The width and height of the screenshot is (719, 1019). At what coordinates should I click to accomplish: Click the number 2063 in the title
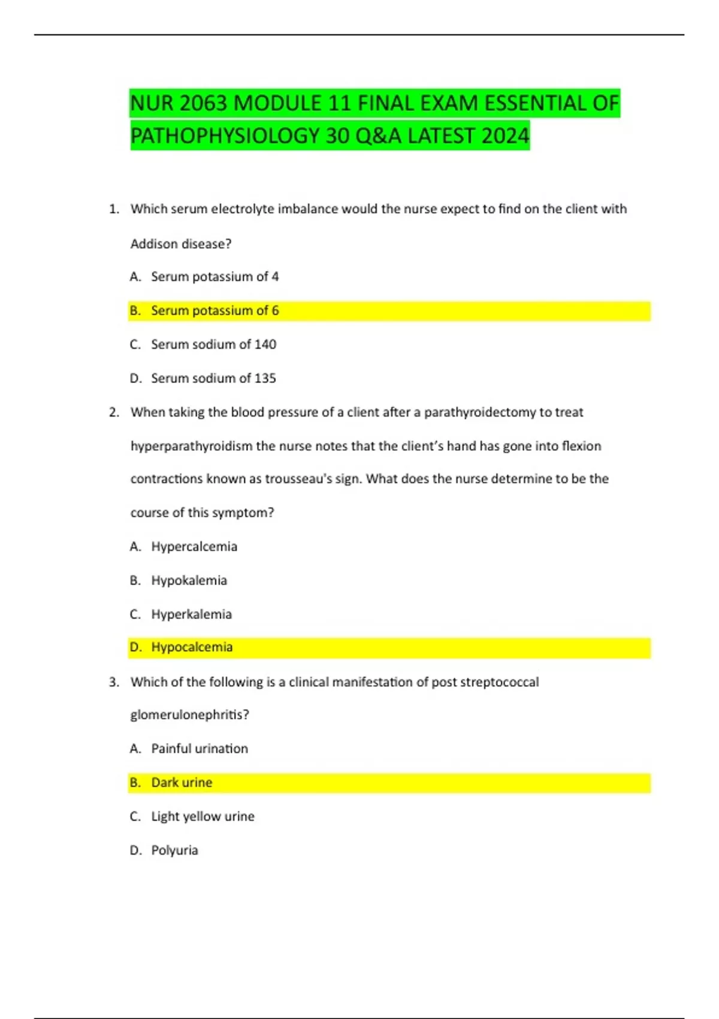point(203,104)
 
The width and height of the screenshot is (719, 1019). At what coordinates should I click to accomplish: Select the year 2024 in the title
point(504,136)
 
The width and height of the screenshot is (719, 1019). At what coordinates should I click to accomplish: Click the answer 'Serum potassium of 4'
point(215,277)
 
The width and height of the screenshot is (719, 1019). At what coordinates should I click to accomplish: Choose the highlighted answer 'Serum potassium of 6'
point(215,310)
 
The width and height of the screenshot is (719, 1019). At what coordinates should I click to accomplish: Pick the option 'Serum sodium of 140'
point(213,345)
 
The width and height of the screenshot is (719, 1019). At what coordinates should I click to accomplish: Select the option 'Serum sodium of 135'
point(213,378)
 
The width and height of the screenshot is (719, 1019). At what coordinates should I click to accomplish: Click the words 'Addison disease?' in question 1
point(181,244)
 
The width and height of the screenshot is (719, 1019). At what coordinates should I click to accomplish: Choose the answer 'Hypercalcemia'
point(194,547)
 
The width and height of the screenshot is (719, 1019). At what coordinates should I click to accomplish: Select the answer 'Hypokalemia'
point(189,580)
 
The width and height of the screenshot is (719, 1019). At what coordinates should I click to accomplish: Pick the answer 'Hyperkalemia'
point(191,614)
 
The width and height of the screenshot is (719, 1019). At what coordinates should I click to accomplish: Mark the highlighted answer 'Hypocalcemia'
point(192,647)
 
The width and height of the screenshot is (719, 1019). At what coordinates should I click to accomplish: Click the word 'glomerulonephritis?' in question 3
point(189,715)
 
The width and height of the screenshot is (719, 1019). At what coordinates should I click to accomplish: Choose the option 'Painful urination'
point(200,749)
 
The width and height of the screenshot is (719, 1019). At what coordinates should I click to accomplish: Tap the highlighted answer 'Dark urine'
point(182,783)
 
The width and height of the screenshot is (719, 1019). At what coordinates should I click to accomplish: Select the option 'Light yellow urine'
point(203,816)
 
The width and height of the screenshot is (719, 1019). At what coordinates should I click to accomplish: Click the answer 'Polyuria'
point(174,851)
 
